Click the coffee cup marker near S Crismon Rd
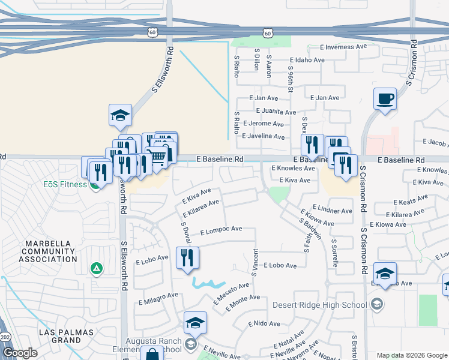(x=385, y=98)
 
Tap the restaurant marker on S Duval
(x=187, y=257)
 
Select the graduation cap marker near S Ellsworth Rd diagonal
(x=120, y=115)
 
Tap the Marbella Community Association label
(x=48, y=251)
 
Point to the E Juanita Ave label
(x=276, y=112)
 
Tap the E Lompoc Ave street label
(x=221, y=229)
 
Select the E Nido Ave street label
(x=264, y=323)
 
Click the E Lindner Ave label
(x=333, y=211)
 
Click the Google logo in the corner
(x=20, y=353)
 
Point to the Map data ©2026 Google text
(x=412, y=355)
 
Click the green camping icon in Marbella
(x=95, y=268)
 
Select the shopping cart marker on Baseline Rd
(x=157, y=157)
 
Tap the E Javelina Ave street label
(x=263, y=137)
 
